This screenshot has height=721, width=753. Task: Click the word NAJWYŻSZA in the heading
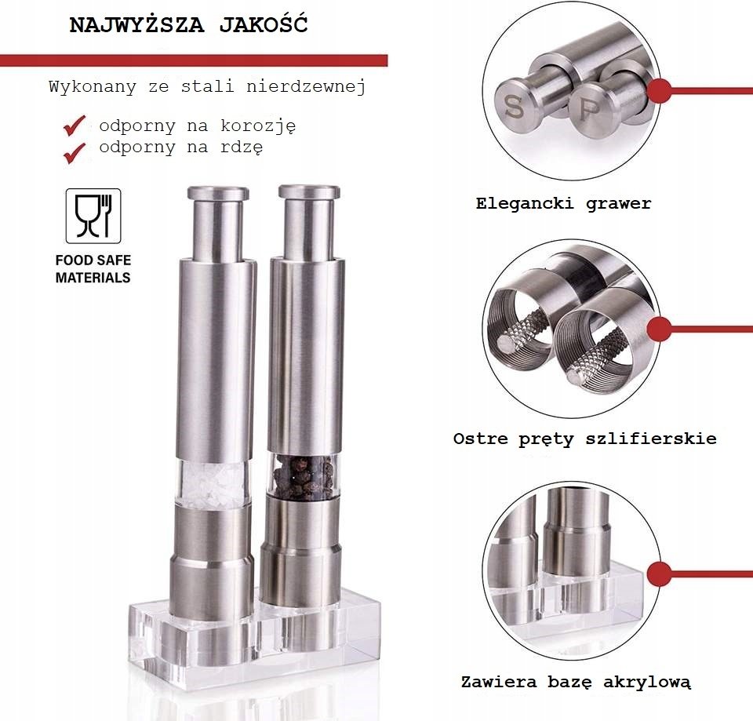[136, 24]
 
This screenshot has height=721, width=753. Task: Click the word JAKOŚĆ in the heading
[264, 24]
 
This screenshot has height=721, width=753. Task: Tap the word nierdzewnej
[307, 86]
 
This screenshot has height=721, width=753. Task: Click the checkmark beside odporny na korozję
[75, 126]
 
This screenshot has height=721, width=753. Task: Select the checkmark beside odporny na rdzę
[75, 153]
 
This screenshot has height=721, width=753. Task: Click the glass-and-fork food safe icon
[93, 216]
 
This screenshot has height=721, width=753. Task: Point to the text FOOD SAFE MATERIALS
[93, 269]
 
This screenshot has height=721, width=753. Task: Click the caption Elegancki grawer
[564, 204]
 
